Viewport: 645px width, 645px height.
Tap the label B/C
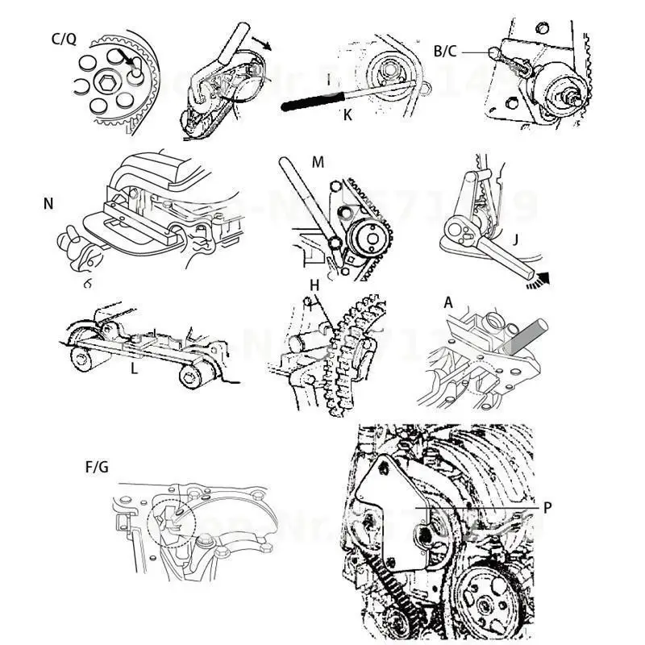(x=445, y=51)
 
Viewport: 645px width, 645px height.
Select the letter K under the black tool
(x=347, y=115)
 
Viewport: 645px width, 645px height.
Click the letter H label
(x=314, y=285)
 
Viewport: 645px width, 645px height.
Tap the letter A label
(x=448, y=302)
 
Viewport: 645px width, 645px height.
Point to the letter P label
(x=547, y=507)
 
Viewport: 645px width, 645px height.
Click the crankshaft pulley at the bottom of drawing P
(x=485, y=601)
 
